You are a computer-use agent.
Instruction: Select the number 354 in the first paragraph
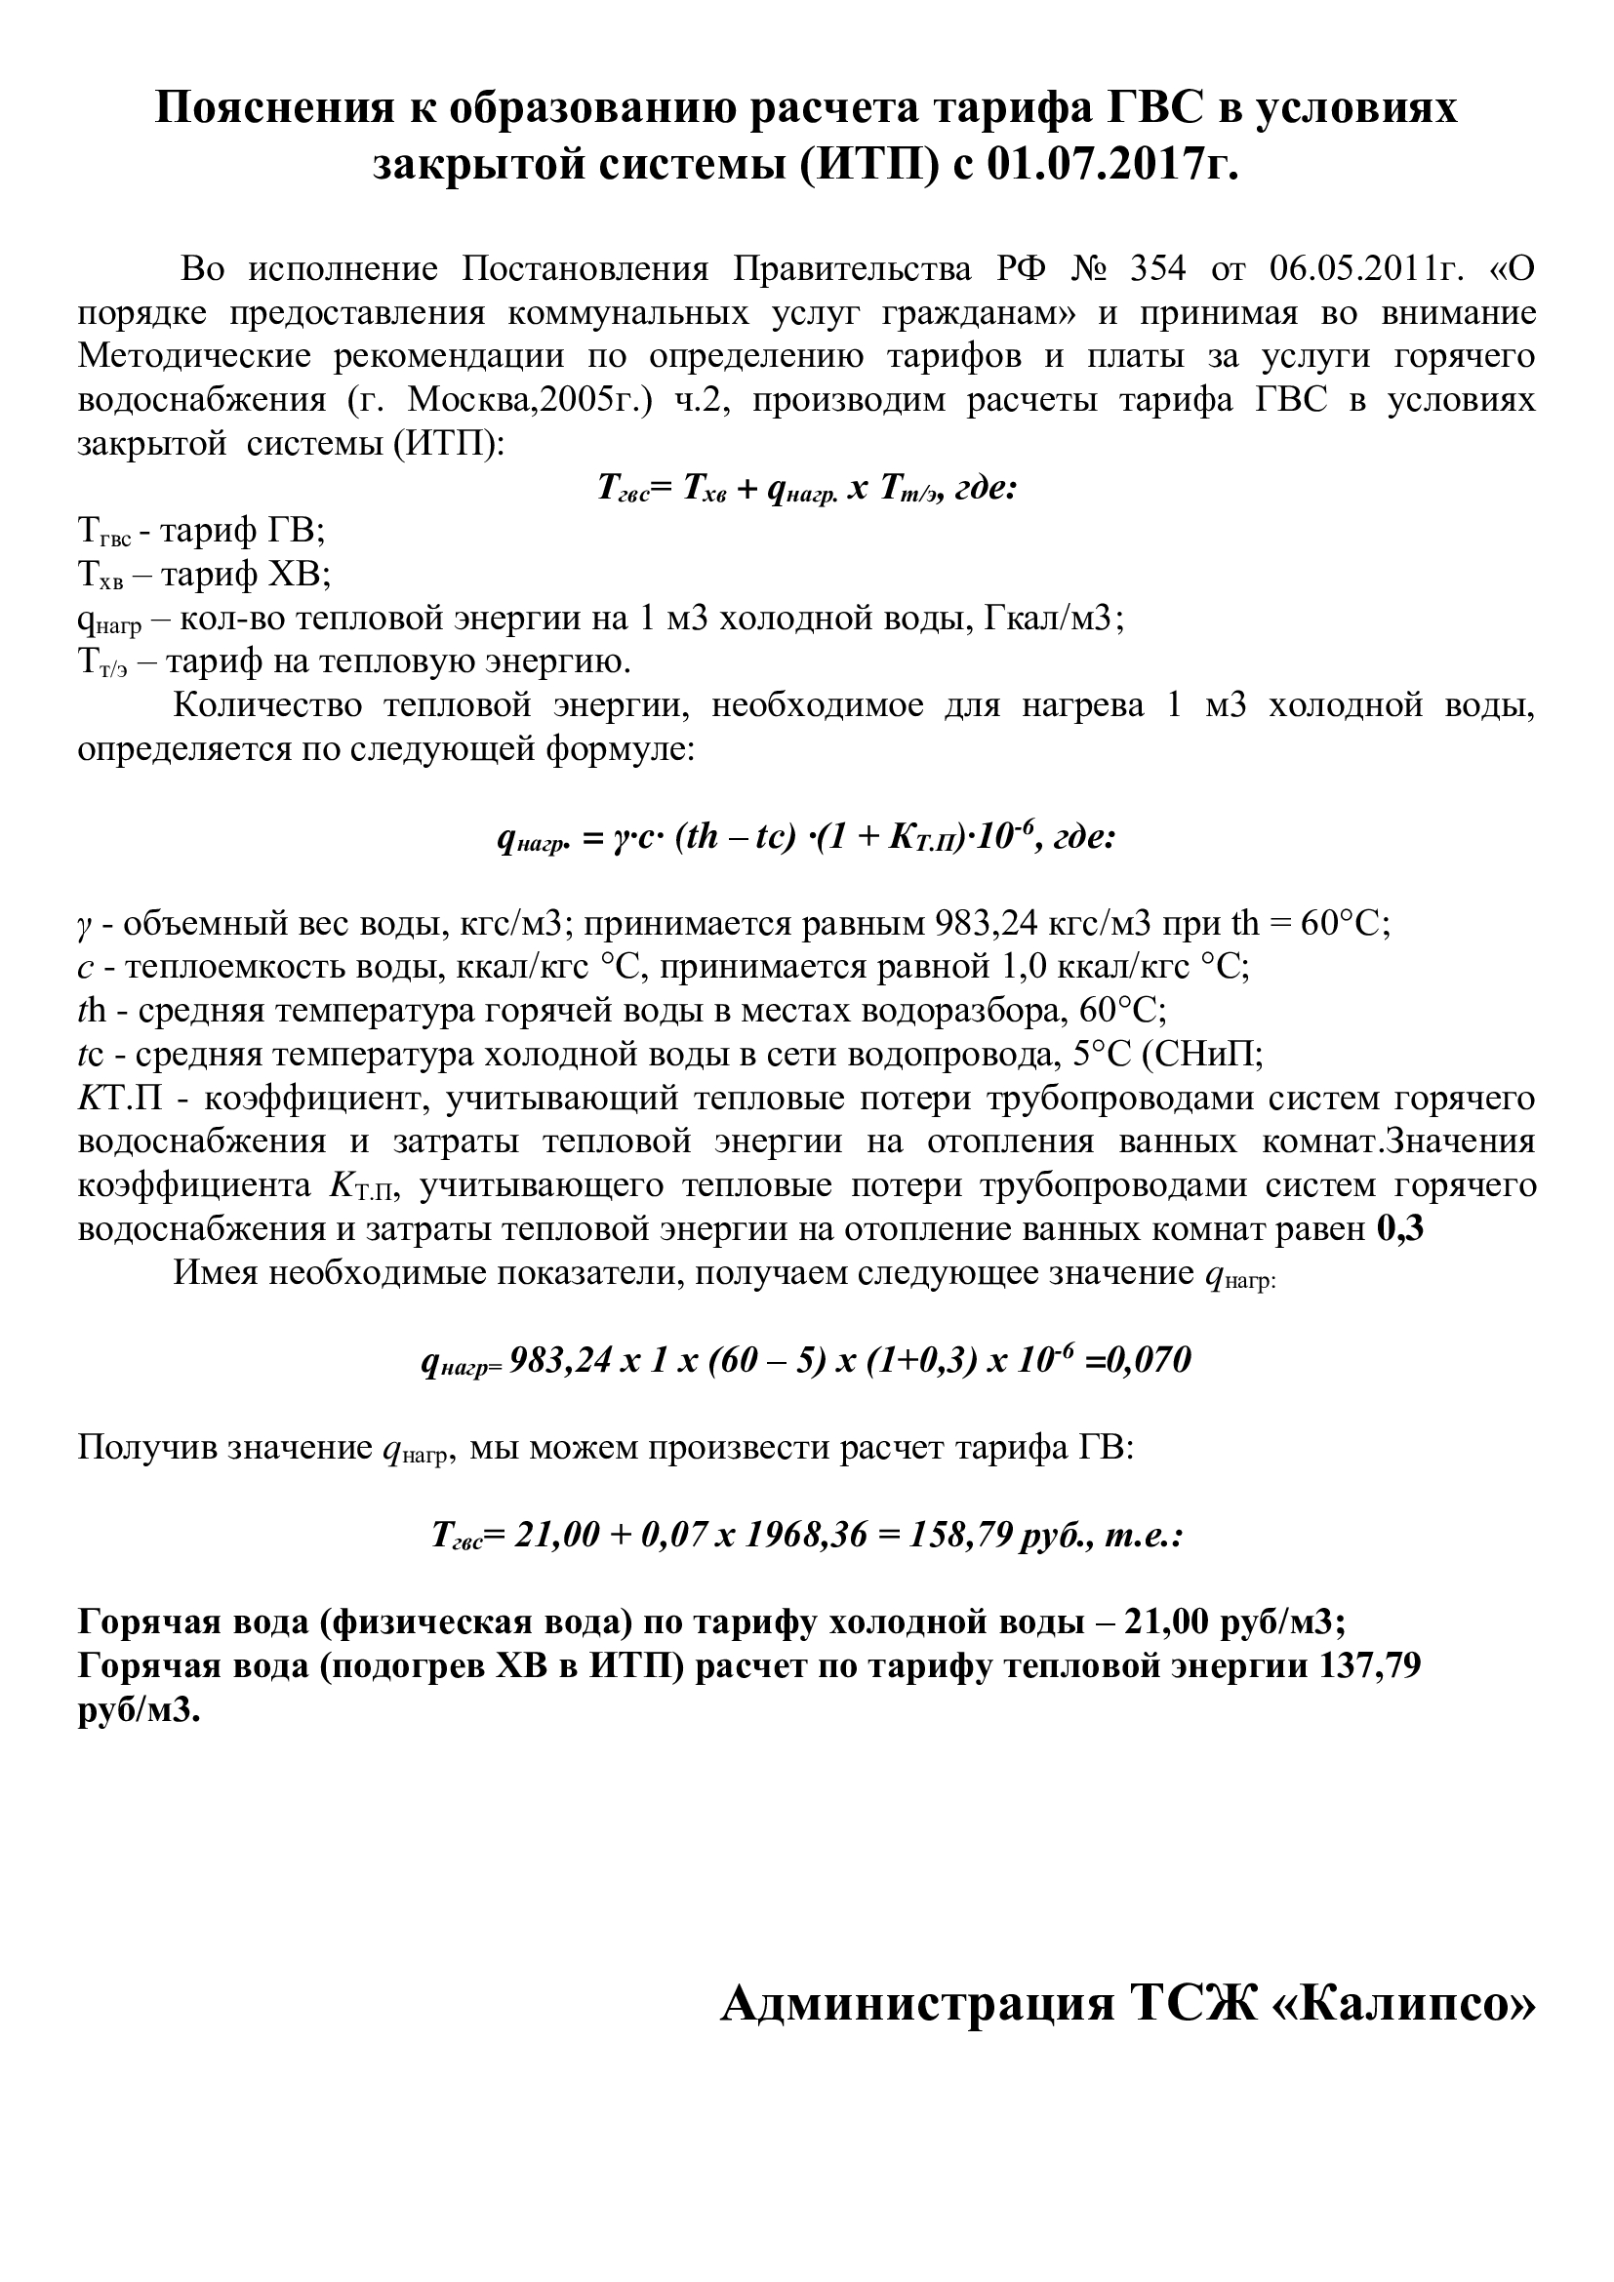click(1158, 269)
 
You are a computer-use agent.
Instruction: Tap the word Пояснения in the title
click(279, 107)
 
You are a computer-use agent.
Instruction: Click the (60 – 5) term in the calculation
click(764, 1360)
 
